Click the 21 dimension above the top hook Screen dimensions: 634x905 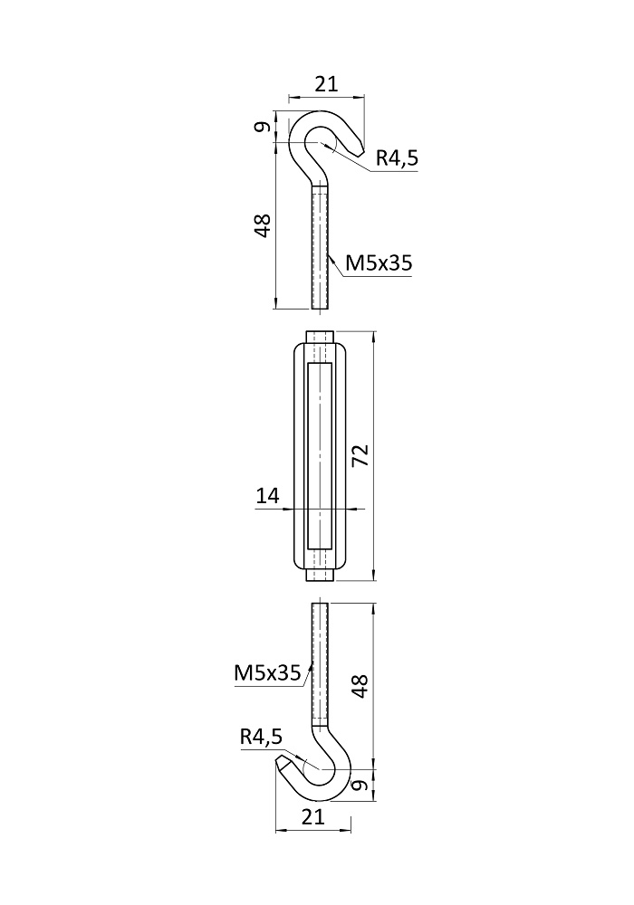tap(326, 84)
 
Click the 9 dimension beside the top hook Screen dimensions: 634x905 tap(263, 127)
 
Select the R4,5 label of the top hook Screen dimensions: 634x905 tap(397, 157)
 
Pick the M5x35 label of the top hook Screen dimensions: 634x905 tap(379, 263)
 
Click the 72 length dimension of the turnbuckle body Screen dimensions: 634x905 tap(360, 455)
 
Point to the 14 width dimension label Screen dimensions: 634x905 tap(267, 495)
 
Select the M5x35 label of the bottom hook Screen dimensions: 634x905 tap(267, 672)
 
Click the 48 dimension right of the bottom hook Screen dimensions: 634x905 tap(360, 686)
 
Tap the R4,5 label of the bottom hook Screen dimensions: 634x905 tap(261, 737)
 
